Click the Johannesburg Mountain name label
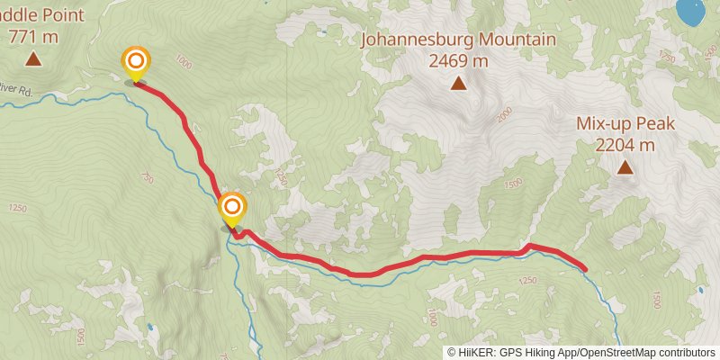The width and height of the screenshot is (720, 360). pos(458,40)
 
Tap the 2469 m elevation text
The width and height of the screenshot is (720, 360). pos(458,60)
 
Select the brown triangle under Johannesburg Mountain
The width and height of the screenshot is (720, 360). pos(458,85)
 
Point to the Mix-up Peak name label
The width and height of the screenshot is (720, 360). pos(625,124)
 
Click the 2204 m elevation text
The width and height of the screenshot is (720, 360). pos(625,144)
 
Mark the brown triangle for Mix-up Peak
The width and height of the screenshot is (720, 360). pos(625,167)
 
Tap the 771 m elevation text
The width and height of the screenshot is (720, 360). pos(33,37)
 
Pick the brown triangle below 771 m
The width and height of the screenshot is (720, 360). pos(33,60)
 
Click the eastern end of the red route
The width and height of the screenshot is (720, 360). pos(585,268)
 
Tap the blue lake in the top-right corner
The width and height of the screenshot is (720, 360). pos(690,12)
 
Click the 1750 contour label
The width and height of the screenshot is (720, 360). pos(667,56)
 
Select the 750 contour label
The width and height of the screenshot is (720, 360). pos(148,180)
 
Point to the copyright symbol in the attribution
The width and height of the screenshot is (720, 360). pos(452,353)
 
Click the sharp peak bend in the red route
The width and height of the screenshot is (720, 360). pos(530,245)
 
